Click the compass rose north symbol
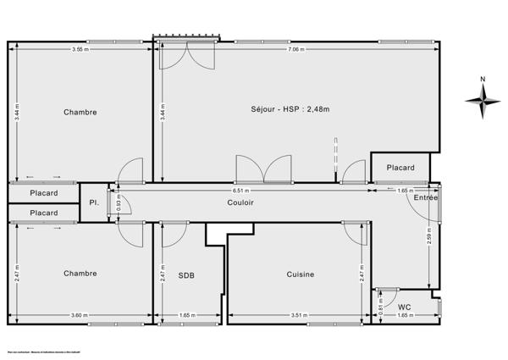tap(483, 102)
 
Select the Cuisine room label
tap(301, 274)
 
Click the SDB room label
tap(186, 274)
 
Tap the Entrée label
tap(426, 197)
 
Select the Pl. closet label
tap(95, 203)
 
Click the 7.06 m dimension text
tap(295, 49)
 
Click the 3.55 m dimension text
tap(81, 49)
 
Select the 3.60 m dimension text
tap(80, 315)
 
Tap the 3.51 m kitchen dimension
tap(299, 315)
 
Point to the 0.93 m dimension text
tap(119, 203)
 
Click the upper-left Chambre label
tap(80, 112)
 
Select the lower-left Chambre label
tap(80, 273)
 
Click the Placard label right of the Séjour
tap(401, 168)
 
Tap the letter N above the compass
tap(483, 80)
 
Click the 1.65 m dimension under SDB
tap(187, 315)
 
